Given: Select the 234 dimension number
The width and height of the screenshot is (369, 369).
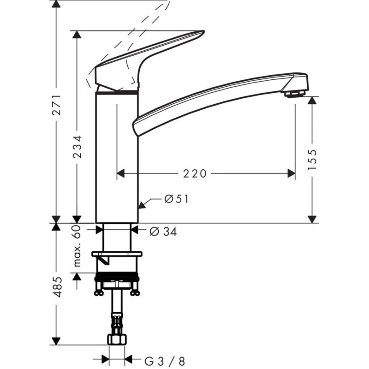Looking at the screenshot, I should pos(77,147).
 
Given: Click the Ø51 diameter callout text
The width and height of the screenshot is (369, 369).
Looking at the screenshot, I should pos(177,199).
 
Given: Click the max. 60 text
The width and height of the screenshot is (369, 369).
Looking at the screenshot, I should pos(77,246).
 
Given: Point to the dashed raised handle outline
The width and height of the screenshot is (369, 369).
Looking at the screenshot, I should pos(134,28).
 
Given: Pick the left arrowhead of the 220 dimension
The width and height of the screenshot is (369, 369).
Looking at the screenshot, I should pos(121,173).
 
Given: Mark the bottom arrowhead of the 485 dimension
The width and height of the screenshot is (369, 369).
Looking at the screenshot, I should pos(56,341).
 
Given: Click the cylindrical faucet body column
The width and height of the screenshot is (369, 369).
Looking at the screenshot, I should pos(117,157).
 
